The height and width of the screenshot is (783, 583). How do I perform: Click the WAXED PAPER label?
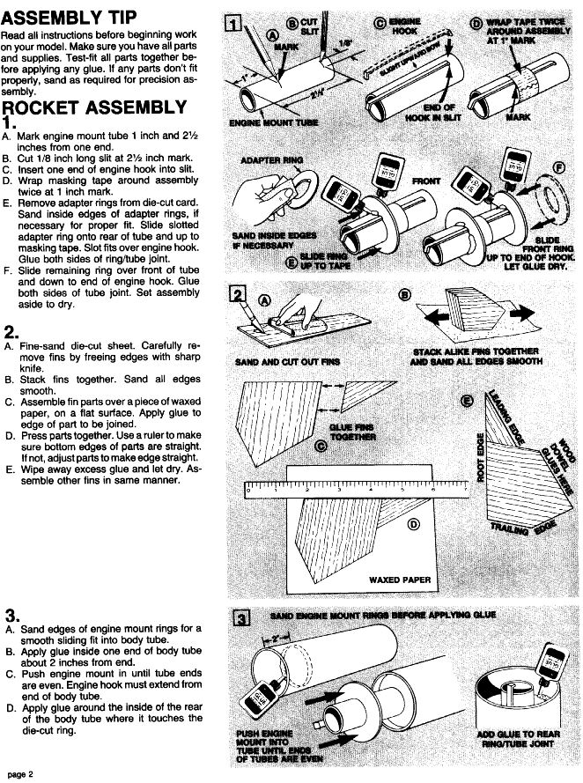383,581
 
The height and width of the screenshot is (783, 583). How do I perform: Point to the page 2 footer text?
18,774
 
